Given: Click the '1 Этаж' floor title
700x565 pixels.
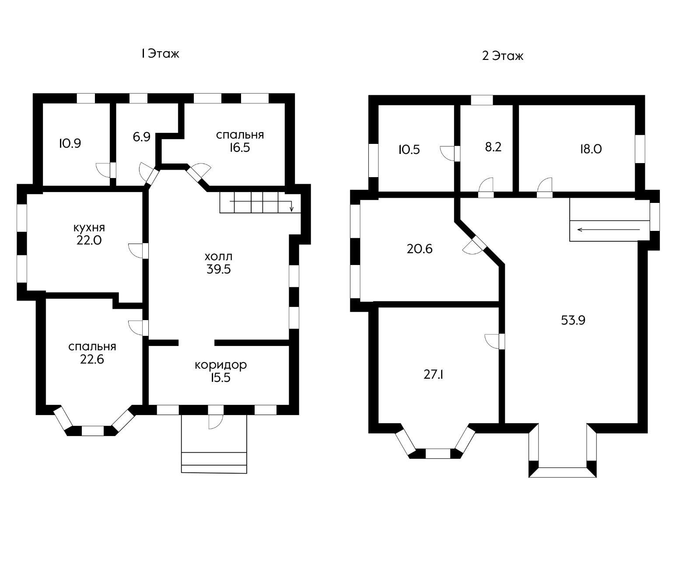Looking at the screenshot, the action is coord(161,53).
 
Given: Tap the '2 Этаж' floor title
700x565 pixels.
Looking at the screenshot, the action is coord(503,56).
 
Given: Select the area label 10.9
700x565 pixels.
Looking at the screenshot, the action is coord(70,143).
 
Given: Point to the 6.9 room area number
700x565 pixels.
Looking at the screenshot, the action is coord(141,136).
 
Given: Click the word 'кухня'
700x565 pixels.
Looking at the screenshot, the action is coord(89,227).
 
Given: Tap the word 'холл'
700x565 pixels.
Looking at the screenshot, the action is coord(219,256).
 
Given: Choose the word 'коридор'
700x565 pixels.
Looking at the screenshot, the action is coord(220,365).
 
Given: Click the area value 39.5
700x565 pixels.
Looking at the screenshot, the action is coord(219,269).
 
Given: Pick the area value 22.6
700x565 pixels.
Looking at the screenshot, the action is coord(92,359).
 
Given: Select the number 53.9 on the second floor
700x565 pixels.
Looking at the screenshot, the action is coord(573,320).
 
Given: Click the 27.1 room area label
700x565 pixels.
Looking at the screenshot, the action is coord(433,374).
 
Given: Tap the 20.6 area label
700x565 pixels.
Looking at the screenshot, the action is coord(420,249).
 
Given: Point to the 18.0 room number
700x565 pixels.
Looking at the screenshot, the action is coord(591,149).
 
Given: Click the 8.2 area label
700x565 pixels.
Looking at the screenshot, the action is coord(493,147).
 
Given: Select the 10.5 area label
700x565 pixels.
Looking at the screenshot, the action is coord(409,150).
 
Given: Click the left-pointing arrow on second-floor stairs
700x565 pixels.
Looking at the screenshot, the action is coord(609,230).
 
